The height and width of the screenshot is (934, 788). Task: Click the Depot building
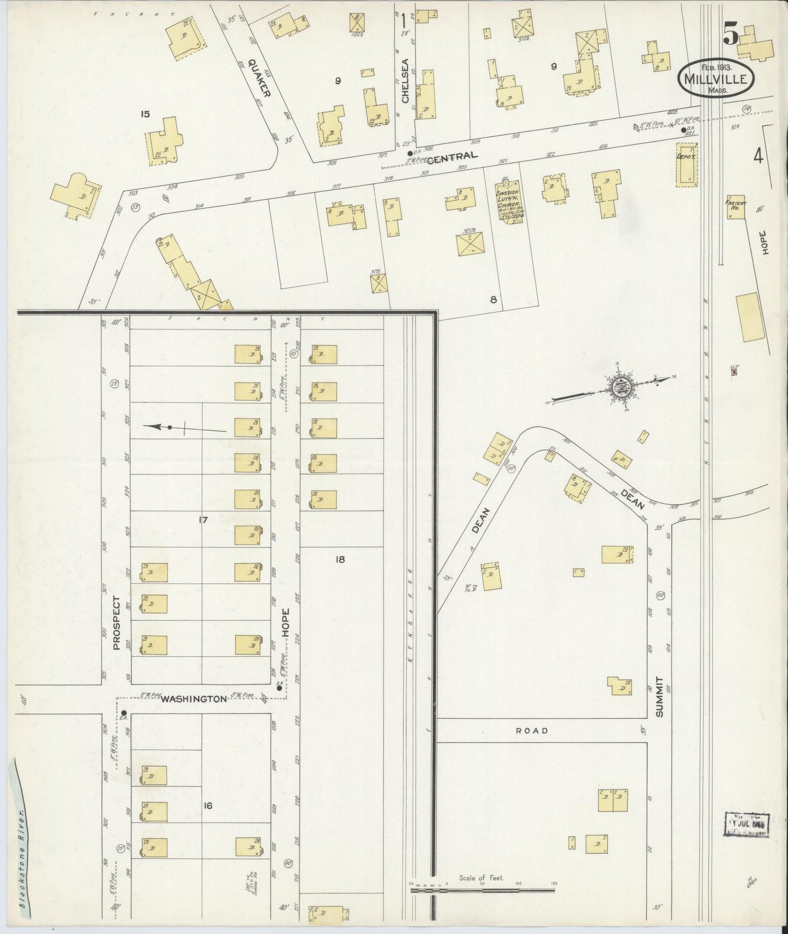tap(686, 165)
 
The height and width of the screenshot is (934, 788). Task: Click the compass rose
tap(620, 390)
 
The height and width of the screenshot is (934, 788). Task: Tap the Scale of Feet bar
tap(482, 890)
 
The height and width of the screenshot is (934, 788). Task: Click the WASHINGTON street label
tap(193, 699)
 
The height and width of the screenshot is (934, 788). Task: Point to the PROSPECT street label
tap(116, 623)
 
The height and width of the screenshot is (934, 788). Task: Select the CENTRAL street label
tap(452, 156)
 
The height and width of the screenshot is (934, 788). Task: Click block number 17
tap(203, 520)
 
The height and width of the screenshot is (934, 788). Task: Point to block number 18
tap(340, 559)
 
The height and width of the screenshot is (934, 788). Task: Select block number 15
tap(145, 114)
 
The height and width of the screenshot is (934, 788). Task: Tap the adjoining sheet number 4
tap(758, 156)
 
